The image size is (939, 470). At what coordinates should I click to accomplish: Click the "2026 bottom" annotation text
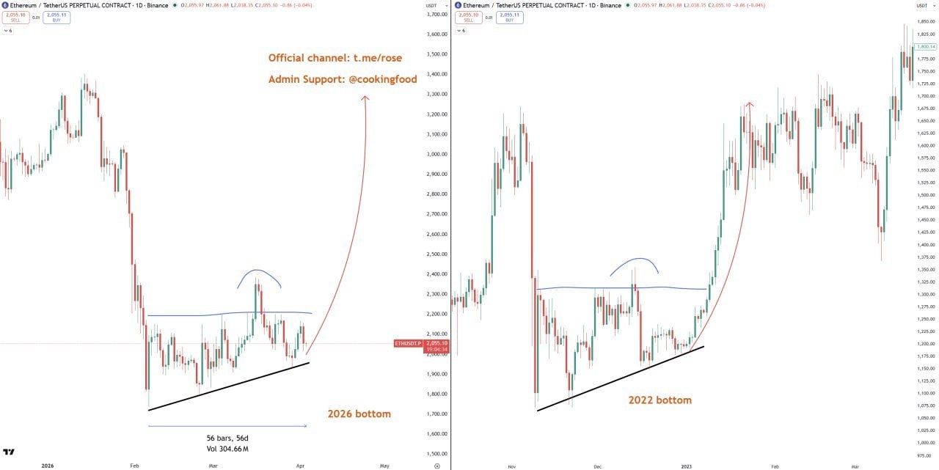coord(359,414)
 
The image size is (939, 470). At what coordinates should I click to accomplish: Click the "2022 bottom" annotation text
coord(660,400)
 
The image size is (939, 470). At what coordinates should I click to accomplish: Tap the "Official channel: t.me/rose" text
coord(335,58)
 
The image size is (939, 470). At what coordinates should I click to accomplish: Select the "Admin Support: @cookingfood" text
coord(342,78)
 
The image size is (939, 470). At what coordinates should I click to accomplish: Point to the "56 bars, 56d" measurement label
coord(227,438)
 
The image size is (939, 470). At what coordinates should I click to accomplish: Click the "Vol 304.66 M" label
coord(227,449)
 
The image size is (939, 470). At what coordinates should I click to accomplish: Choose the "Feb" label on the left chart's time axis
coord(134,466)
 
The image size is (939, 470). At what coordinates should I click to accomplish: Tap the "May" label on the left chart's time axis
coord(383,466)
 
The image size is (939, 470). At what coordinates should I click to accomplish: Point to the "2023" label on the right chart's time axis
coord(687,466)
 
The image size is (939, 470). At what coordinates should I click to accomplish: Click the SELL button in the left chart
coord(15,17)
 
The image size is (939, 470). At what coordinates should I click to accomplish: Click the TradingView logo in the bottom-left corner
coord(9,453)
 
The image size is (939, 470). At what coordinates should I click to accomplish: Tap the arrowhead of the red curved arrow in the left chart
coord(365,98)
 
